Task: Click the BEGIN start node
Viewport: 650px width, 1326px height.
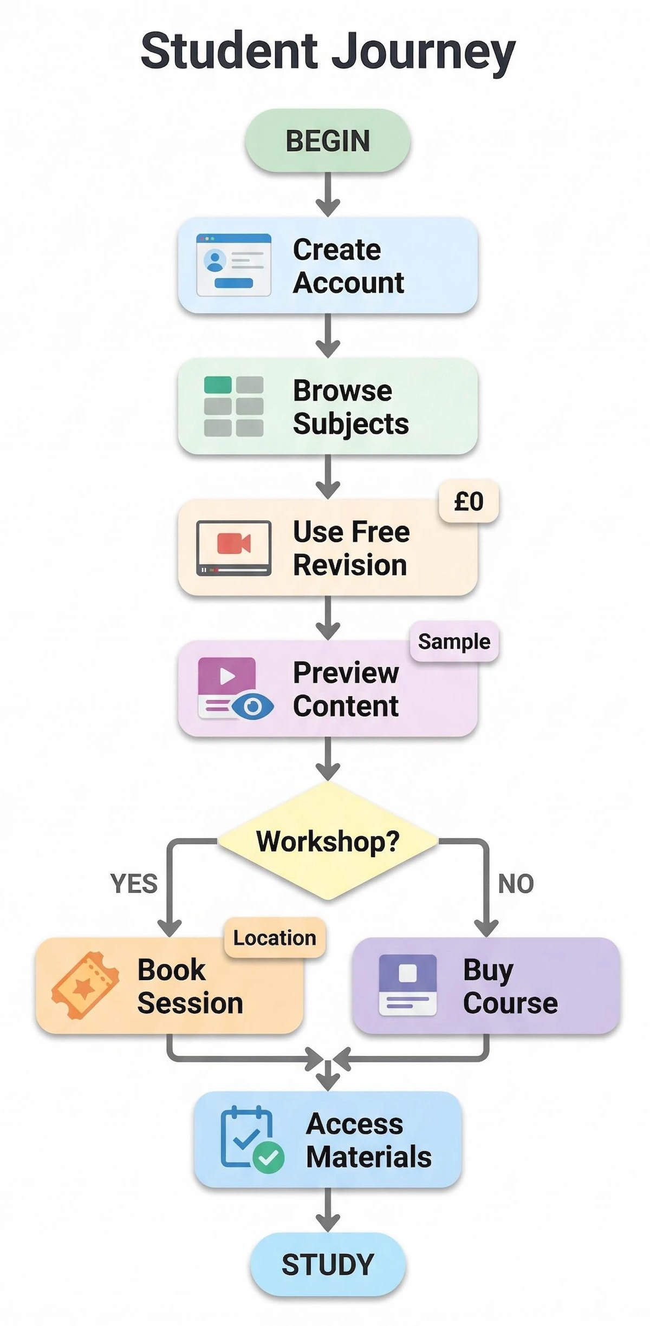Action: pos(327,141)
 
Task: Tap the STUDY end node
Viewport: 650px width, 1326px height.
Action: pos(327,1264)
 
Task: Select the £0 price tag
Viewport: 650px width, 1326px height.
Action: pos(469,501)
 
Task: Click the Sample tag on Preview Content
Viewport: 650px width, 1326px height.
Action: pos(454,642)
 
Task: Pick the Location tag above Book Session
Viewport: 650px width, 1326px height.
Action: pos(275,938)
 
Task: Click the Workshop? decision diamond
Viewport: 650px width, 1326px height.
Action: pos(327,841)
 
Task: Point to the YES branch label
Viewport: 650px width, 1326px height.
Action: pos(134,884)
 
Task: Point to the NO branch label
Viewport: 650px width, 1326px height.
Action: pos(516,884)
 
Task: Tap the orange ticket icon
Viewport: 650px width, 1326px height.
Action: pos(85,985)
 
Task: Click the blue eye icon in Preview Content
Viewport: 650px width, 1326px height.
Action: pos(252,706)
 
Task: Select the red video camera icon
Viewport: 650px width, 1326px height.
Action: pos(233,543)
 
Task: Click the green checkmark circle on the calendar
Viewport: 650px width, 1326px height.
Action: pos(268,1158)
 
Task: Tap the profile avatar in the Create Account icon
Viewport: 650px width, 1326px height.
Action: pos(215,260)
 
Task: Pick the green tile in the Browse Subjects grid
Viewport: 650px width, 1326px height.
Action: pos(218,385)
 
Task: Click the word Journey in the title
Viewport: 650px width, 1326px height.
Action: pos(422,51)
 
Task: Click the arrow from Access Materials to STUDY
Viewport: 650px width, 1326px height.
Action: pos(327,1210)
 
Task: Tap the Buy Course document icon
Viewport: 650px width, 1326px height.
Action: pos(407,985)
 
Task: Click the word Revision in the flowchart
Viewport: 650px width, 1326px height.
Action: pos(350,565)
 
